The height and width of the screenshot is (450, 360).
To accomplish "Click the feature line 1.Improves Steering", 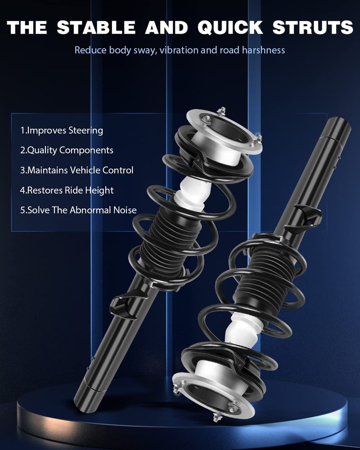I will [62, 130].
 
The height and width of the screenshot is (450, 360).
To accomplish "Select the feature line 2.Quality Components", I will [67, 150].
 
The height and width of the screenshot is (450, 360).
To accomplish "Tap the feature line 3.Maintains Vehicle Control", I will [76, 170].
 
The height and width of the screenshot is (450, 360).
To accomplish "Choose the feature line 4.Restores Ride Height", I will [67, 190].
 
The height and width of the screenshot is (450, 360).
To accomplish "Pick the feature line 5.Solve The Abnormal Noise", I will [78, 210].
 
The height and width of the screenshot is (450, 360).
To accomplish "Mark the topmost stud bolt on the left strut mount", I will [221, 111].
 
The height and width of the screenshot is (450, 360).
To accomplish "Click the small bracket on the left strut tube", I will [121, 302].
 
